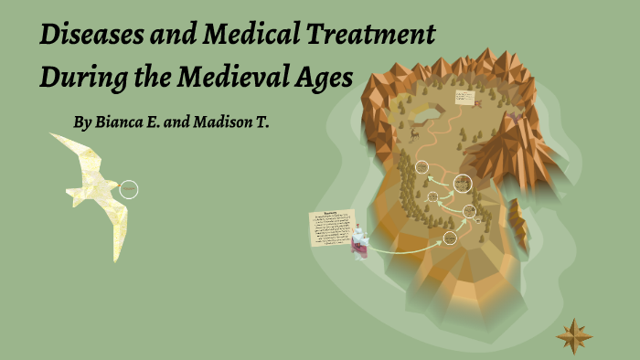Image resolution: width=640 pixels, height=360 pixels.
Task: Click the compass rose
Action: [x=574, y=336]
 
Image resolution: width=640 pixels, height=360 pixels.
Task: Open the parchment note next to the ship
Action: [x=332, y=227]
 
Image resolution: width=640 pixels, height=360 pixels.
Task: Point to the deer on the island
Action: [x=414, y=133]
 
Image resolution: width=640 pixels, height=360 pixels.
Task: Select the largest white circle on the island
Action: [x=463, y=183]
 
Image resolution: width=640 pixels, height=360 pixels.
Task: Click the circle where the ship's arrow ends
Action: [x=450, y=238]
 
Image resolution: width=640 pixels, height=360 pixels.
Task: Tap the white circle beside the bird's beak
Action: [x=129, y=189]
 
